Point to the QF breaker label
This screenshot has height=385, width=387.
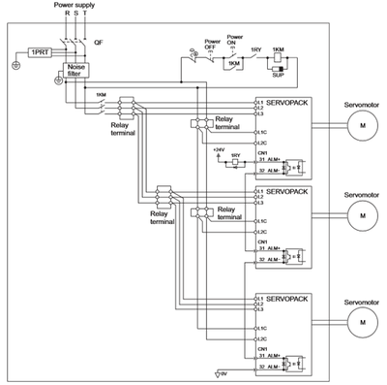pos(99,45)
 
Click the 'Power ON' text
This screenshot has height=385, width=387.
pos(233,42)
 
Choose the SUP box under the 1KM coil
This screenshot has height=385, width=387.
pos(278,72)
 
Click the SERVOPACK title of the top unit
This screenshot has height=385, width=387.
pos(286,102)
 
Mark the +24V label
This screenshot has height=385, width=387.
pos(218,150)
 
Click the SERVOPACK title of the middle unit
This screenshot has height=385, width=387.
pos(286,193)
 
